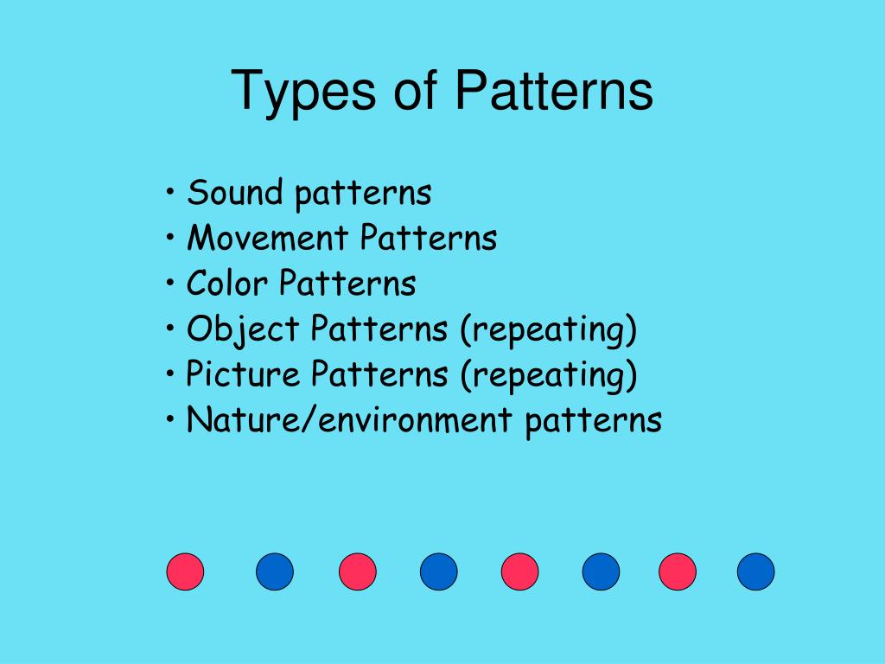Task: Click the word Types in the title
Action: tap(303, 92)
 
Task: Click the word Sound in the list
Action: tap(235, 192)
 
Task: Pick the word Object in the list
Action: tap(243, 329)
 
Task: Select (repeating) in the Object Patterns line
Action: tap(548, 330)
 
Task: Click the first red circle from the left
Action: tap(185, 571)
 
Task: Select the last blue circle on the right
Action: tap(755, 571)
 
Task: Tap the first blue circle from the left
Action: tap(275, 571)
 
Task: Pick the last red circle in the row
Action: tap(677, 571)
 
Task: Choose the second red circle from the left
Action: tap(357, 571)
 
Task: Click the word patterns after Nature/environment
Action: tap(593, 422)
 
